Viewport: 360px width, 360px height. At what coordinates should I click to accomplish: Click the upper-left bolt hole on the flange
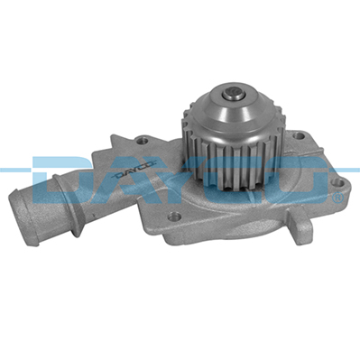(143, 141)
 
